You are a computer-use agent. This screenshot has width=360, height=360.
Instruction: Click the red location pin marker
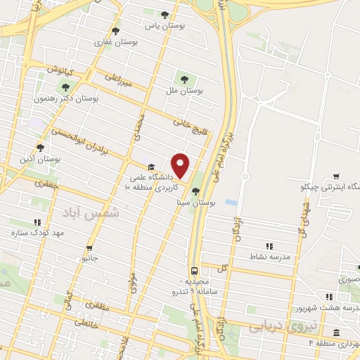point(181,165)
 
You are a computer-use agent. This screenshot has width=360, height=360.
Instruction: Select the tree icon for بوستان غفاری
point(116,31)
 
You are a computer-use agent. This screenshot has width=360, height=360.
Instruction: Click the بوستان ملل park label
point(186,90)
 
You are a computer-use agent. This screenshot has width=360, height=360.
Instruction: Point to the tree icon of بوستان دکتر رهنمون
point(65,87)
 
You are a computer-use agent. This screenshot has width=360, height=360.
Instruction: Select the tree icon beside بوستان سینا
point(196,191)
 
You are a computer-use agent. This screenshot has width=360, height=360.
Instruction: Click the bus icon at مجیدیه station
point(193,271)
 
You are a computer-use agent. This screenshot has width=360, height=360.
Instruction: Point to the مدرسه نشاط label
point(269,257)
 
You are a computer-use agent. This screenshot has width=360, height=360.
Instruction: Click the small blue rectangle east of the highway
point(231,202)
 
